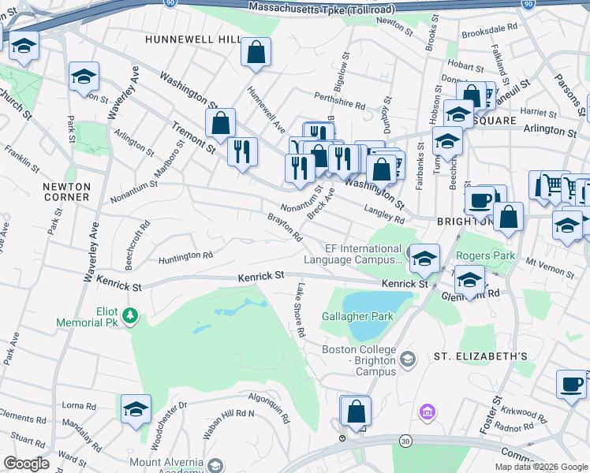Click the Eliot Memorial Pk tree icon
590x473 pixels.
pyautogui.click(x=130, y=317)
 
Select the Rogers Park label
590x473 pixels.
pyautogui.click(x=485, y=255)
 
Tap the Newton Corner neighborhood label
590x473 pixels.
pyautogui.click(x=67, y=192)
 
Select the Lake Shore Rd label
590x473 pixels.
pyautogui.click(x=299, y=309)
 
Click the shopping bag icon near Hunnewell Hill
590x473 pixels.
pyautogui.click(x=256, y=53)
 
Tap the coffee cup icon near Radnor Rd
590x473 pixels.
pyautogui.click(x=571, y=385)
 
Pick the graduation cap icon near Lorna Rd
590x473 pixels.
pyautogui.click(x=136, y=409)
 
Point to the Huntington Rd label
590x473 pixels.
pyautogui.click(x=185, y=256)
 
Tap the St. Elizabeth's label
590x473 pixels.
pyautogui.click(x=480, y=356)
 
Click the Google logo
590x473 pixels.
pyautogui.click(x=27, y=464)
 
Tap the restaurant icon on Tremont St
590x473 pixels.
pyautogui.click(x=242, y=150)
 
